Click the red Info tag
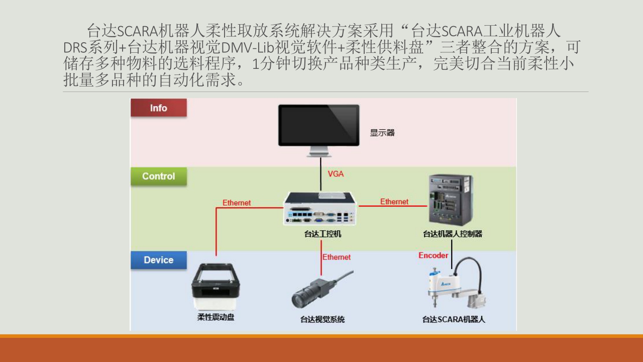tap(158, 108)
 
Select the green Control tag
tap(158, 176)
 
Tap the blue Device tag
tap(158, 260)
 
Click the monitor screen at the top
tap(319, 124)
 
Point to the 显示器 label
tap(382, 133)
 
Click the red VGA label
tap(336, 174)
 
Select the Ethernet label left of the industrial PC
tap(237, 203)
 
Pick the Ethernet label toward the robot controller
tap(394, 202)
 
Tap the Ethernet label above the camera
tap(337, 257)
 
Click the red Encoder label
tap(433, 255)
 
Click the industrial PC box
tap(320, 209)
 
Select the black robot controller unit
tap(450, 200)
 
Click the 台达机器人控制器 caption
tap(453, 234)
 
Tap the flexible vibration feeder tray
tap(216, 287)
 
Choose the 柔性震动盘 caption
tap(216, 317)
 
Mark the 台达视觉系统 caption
tap(323, 319)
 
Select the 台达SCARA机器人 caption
tap(454, 319)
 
